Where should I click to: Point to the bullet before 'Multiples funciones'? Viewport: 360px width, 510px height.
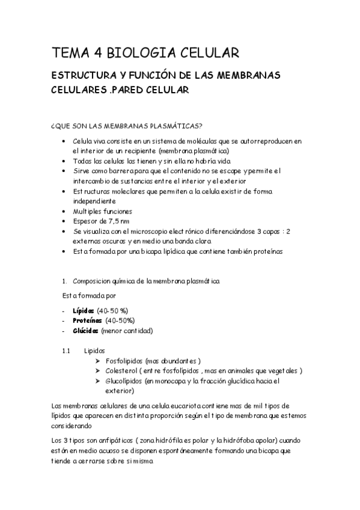pyautogui.click(x=64, y=212)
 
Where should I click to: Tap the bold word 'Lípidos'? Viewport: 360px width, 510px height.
pyautogui.click(x=83, y=310)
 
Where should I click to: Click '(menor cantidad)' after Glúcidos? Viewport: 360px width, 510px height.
pyautogui.click(x=127, y=331)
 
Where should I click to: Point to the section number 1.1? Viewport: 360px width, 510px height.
pyautogui.click(x=67, y=350)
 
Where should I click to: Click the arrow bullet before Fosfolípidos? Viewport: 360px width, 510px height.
pyautogui.click(x=98, y=360)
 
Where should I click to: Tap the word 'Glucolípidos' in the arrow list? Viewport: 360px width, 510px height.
pyautogui.click(x=124, y=381)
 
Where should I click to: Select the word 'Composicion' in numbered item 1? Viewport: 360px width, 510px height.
pyautogui.click(x=93, y=281)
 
